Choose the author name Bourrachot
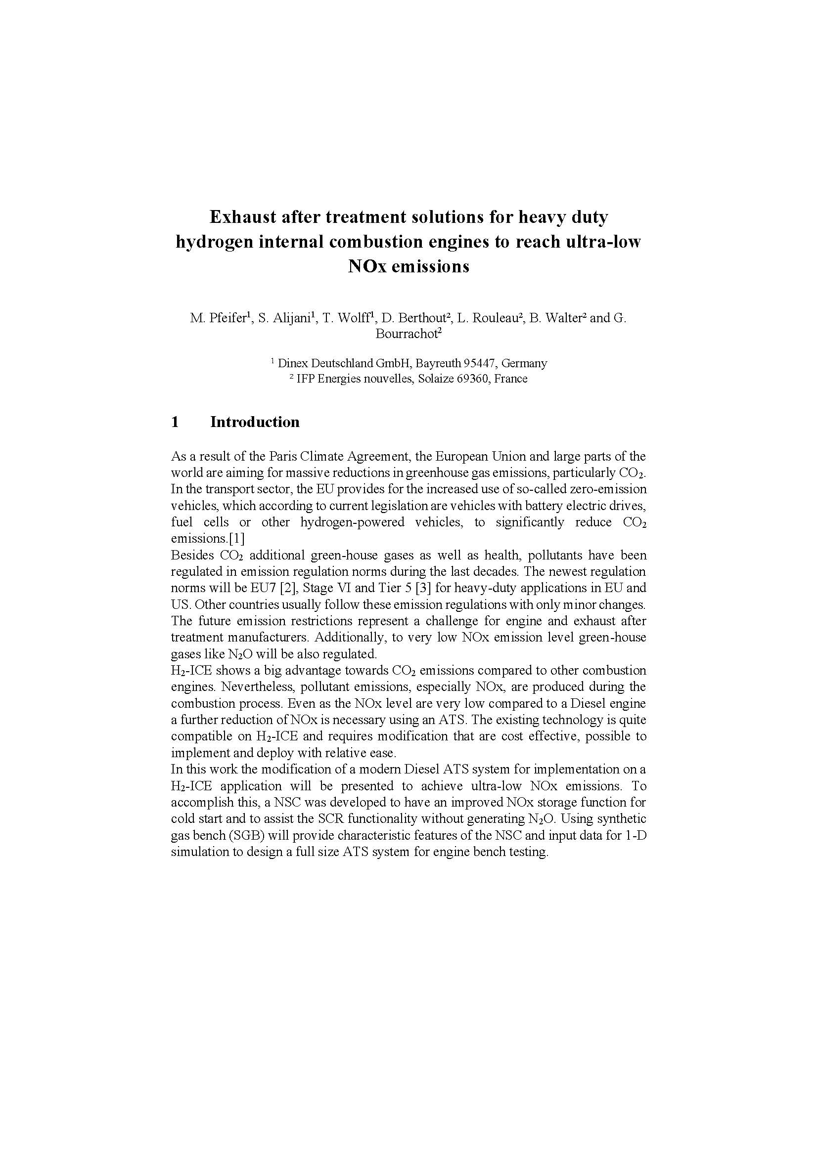pyautogui.click(x=407, y=334)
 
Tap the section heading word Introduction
pyautogui.click(x=255, y=422)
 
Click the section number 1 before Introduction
pyautogui.click(x=175, y=422)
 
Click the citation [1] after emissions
pyautogui.click(x=237, y=539)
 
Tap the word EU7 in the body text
pyautogui.click(x=263, y=588)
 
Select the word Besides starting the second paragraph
pyautogui.click(x=193, y=556)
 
